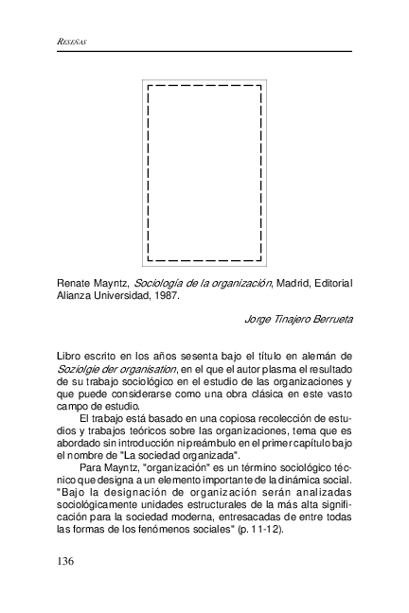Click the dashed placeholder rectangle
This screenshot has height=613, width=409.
204,172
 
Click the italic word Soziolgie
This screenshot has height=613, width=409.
79,368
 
